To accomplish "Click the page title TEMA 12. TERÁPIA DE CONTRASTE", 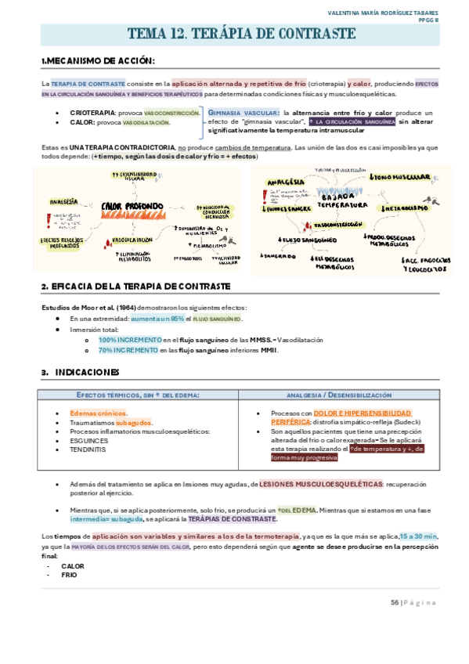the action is tap(241, 34).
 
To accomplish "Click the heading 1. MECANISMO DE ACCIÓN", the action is tap(98, 61).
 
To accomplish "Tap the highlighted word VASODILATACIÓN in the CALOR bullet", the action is tap(146, 122).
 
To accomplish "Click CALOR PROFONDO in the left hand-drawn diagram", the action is tap(132, 207).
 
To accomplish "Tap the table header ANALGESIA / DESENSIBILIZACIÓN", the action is tap(339, 395).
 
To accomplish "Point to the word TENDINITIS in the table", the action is tap(86, 449).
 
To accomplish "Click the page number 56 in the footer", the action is tap(395, 602).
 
